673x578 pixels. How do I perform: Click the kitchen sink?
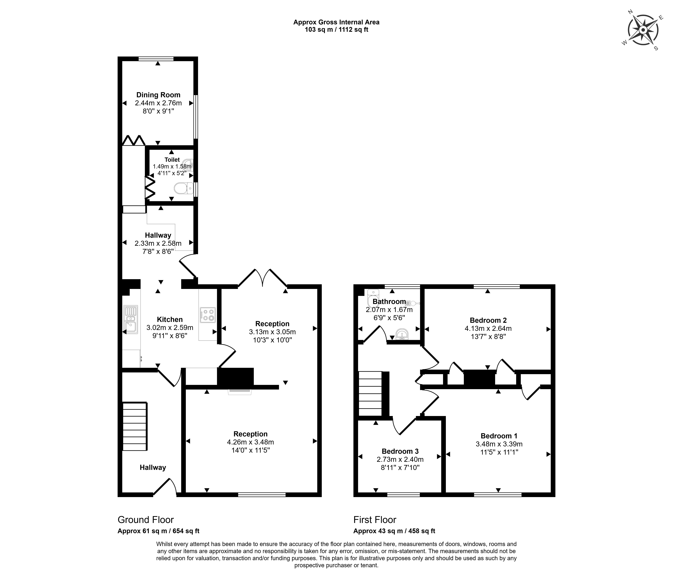point(131,319)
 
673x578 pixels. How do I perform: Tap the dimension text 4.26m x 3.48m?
point(250,442)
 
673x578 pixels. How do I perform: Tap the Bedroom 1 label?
point(499,436)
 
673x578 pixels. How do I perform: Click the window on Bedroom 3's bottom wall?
point(403,495)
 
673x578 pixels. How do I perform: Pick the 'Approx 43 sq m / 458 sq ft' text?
point(394,531)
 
